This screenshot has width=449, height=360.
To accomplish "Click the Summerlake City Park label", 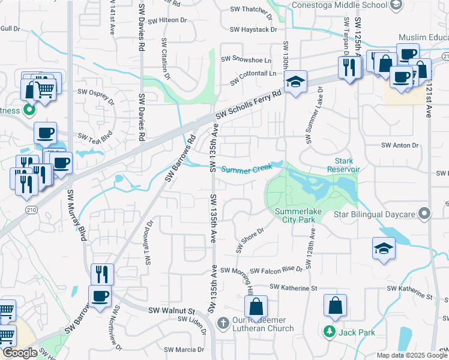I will [295, 215].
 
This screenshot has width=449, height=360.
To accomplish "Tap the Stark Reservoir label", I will [347, 165].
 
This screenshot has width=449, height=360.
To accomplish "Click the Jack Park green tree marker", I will [328, 331].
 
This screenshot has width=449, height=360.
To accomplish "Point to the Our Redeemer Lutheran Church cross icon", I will [223, 323].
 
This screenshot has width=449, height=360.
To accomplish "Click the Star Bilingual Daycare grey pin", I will [425, 214].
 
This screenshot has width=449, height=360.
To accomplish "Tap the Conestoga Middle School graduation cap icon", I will [395, 5].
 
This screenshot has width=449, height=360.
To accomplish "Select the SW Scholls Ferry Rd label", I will [249, 104].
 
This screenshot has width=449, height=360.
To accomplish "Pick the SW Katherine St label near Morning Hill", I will [293, 289].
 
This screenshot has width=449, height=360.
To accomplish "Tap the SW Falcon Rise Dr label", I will [276, 271].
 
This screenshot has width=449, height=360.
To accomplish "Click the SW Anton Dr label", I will [400, 145].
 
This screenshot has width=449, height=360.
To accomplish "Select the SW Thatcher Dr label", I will [251, 10].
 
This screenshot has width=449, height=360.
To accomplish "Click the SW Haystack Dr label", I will [253, 29].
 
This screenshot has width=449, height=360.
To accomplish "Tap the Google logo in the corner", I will [20, 353].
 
